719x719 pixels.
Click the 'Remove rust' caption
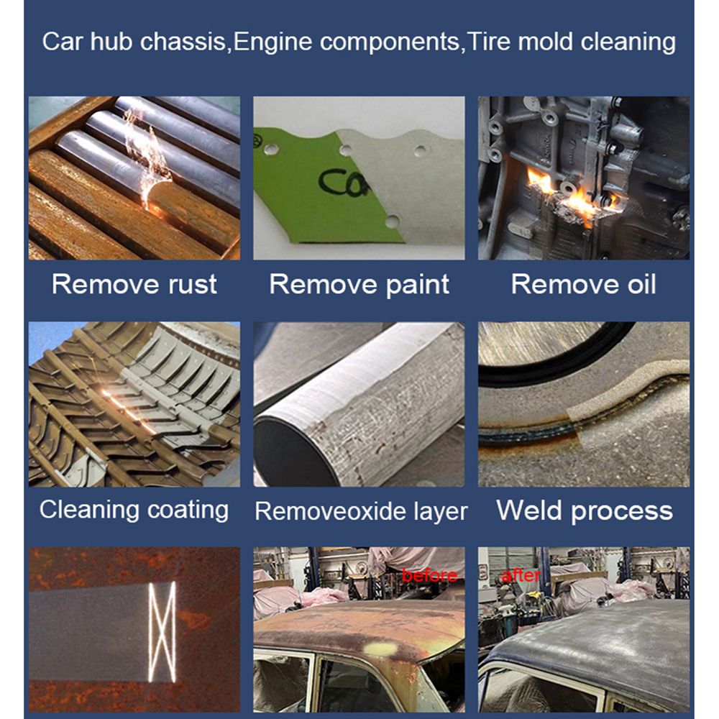tap(134, 284)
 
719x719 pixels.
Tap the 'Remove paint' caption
tap(359, 284)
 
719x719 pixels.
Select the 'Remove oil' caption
tap(583, 284)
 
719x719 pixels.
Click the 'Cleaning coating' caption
tap(134, 510)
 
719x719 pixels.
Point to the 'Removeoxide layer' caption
tap(361, 510)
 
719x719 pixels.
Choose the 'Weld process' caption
tap(584, 510)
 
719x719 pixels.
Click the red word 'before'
tap(430, 575)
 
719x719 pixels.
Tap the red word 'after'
tap(521, 575)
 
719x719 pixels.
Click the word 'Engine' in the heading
tap(273, 42)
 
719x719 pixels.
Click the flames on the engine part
tap(569, 193)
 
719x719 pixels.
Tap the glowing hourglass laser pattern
tap(162, 632)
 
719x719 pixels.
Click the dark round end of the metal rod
tap(293, 452)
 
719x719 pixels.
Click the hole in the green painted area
tap(270, 149)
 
